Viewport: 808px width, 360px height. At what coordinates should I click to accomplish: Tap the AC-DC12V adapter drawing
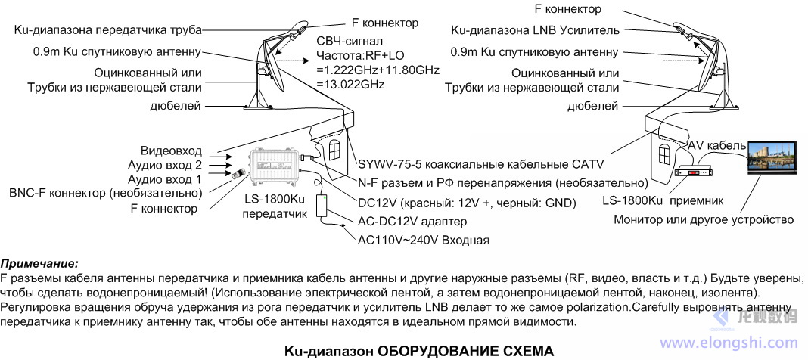click(323, 207)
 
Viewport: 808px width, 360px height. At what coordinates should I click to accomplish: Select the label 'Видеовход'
click(172, 151)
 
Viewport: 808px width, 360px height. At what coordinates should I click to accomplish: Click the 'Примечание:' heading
click(39, 264)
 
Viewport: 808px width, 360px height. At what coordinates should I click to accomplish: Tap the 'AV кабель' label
click(714, 144)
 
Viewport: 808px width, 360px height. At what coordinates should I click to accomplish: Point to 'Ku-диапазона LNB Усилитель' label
click(535, 31)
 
